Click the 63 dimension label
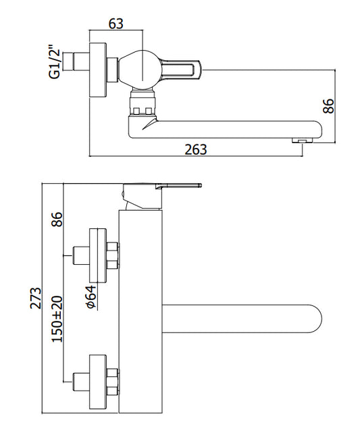point(115,24)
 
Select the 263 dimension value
point(196,150)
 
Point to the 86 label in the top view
point(328,106)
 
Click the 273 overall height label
point(36,298)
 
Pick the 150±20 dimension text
point(57,319)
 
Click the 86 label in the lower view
point(57,220)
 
